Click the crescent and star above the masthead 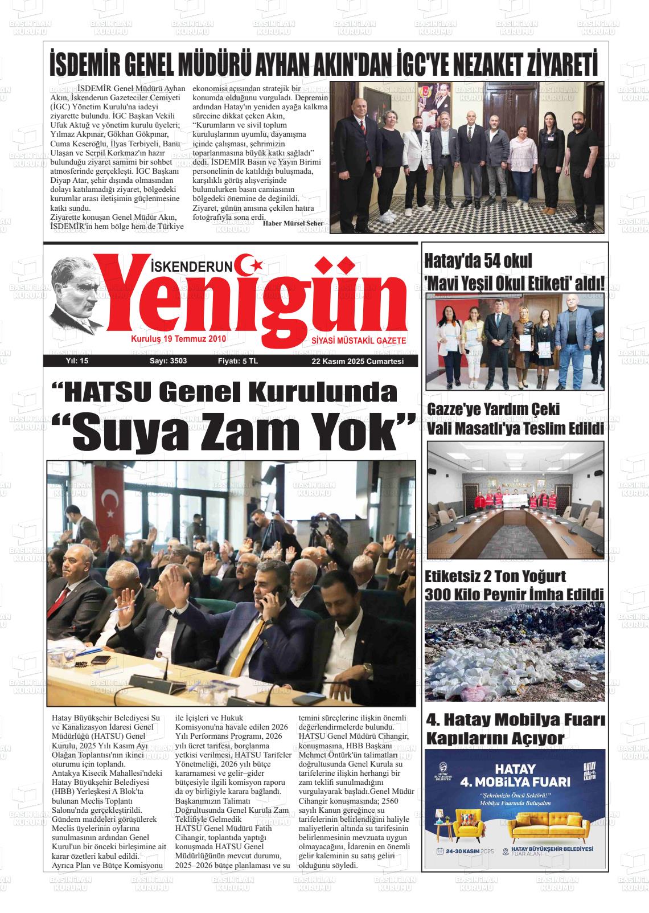click(251, 264)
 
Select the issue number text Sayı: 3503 click(168, 361)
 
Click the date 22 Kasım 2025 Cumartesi click(357, 362)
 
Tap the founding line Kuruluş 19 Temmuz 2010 click(179, 339)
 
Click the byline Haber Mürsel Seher click(293, 223)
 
